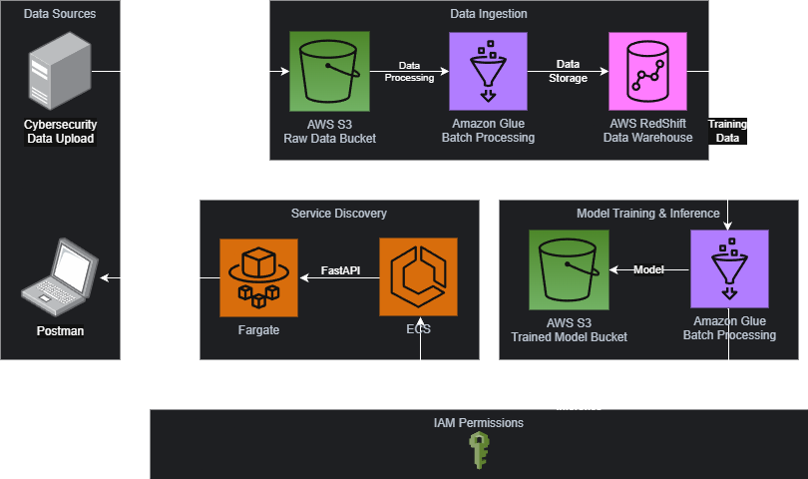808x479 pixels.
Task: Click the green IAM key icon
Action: click(479, 450)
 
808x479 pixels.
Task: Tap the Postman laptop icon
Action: click(59, 274)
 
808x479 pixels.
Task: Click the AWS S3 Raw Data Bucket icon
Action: click(329, 71)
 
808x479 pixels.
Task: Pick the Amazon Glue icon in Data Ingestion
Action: click(488, 71)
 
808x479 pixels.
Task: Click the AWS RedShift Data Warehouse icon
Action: click(649, 71)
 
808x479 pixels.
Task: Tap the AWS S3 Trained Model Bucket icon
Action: click(569, 270)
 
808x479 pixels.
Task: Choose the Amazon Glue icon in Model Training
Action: click(729, 269)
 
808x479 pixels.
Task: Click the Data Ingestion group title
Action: click(489, 14)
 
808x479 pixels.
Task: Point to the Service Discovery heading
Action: click(339, 214)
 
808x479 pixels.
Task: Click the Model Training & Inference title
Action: click(647, 214)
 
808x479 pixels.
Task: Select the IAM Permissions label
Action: click(478, 423)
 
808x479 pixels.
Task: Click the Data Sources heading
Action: click(60, 14)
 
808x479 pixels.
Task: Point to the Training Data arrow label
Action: click(727, 131)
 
